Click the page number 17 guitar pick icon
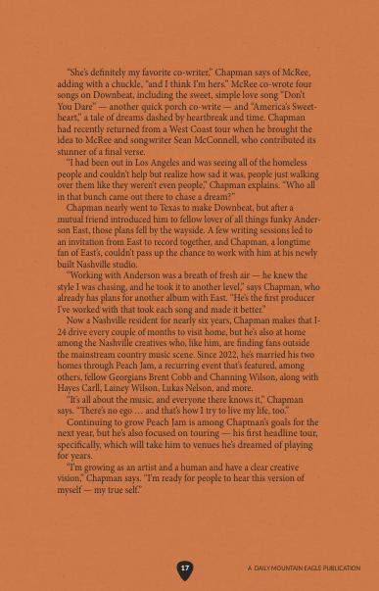tap(185, 568)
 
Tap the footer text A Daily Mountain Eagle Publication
tap(304, 568)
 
